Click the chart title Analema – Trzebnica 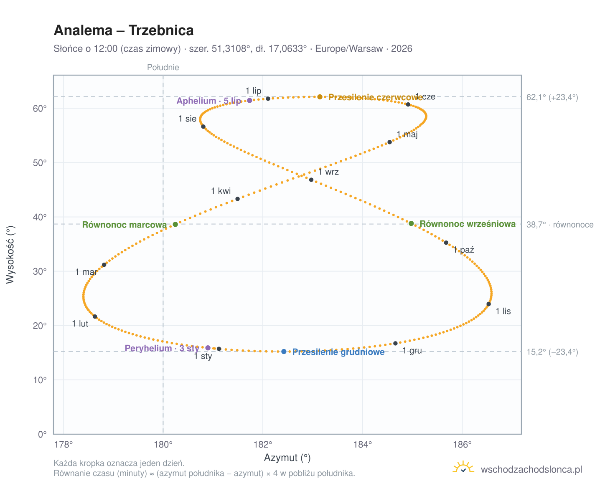[124, 30]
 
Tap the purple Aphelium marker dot [249, 100]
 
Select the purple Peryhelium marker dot [208, 348]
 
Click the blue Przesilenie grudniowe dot [284, 352]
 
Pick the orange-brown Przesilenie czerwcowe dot [320, 97]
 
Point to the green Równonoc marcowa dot [175, 224]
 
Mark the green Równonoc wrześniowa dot [411, 223]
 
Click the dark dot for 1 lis [488, 304]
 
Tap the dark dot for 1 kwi [237, 199]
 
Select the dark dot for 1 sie [203, 127]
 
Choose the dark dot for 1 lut [95, 316]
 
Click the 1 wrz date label [328, 172]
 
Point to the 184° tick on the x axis [363, 445]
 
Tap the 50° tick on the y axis [40, 163]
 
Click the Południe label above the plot [163, 67]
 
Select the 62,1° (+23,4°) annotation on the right [552, 97]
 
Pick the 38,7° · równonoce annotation [560, 225]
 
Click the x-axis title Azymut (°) [287, 458]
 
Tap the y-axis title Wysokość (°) [10, 255]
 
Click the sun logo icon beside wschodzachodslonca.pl [463, 467]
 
